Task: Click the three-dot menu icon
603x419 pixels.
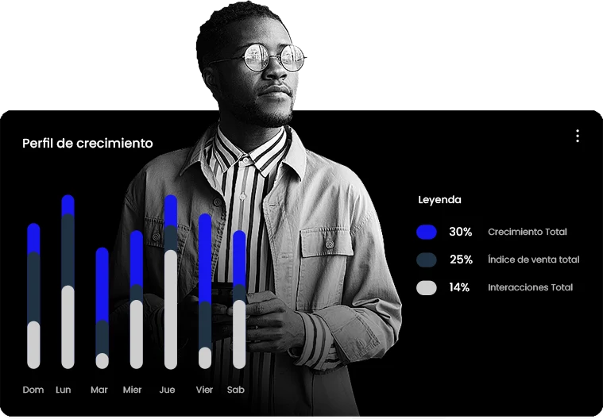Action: (578, 136)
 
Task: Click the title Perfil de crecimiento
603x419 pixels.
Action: (87, 144)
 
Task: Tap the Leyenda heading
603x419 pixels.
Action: (439, 200)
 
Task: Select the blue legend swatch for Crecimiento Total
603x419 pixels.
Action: (427, 232)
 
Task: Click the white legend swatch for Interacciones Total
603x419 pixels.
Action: (427, 287)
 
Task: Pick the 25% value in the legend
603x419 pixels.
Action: (461, 259)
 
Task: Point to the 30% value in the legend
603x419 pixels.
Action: (460, 232)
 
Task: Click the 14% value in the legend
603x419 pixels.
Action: (459, 287)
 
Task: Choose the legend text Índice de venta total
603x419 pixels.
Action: (533, 259)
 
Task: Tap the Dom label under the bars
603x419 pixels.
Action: (33, 390)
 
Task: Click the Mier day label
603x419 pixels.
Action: (133, 390)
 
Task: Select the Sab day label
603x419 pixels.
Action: (236, 390)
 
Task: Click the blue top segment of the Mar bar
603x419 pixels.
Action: (102, 284)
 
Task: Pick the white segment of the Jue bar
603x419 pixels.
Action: (171, 309)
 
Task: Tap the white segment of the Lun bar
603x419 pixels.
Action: (68, 327)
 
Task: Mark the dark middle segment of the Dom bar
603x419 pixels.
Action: (33, 286)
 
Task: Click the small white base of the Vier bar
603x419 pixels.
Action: (205, 358)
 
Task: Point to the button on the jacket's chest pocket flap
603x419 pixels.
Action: (329, 244)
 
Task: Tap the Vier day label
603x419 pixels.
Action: (204, 390)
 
